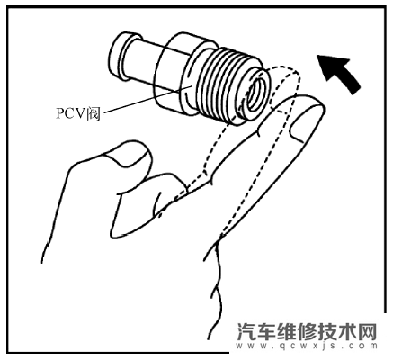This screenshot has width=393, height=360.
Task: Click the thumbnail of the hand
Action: pyautogui.click(x=128, y=155)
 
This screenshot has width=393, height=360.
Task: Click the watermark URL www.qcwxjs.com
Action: pyautogui.click(x=307, y=346)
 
